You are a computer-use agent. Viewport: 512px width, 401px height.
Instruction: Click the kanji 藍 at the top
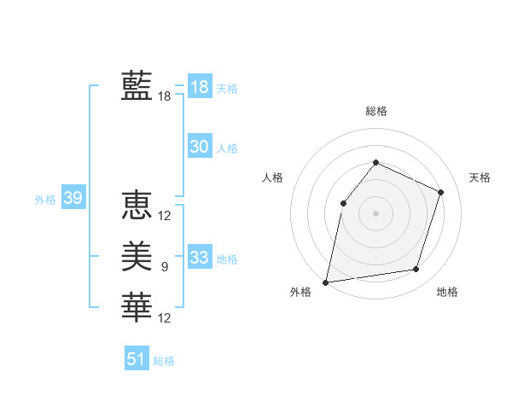tap(137, 86)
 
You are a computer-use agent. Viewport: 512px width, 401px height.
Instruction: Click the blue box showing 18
tap(200, 87)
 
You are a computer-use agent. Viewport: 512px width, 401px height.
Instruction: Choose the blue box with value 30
tap(200, 147)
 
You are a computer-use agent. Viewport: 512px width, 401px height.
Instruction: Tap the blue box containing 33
tap(200, 258)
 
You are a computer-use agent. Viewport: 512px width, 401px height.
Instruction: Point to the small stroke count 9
tap(165, 267)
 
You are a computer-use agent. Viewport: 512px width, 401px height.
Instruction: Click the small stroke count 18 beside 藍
tap(165, 96)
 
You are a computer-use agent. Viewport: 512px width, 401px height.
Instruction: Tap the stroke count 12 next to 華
tap(165, 317)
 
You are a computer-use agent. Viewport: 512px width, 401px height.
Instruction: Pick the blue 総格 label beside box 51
tap(164, 361)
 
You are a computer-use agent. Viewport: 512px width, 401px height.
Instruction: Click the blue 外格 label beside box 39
tap(45, 200)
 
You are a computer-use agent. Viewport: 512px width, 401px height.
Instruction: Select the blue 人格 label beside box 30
tap(227, 148)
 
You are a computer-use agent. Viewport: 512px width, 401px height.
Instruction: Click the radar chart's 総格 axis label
tap(376, 111)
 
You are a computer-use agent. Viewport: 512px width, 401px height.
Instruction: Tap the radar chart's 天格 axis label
tap(480, 177)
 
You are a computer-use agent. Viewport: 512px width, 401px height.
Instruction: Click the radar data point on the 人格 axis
tap(343, 203)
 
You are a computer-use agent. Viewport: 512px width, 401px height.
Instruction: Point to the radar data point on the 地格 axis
tap(416, 270)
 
